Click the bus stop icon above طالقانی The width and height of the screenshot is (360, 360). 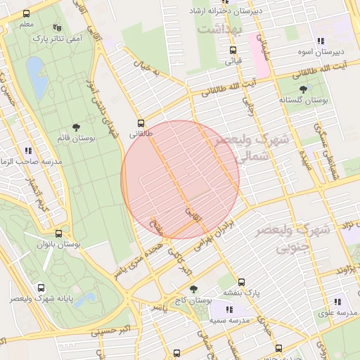click(141, 122)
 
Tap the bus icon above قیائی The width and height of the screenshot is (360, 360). click(233, 50)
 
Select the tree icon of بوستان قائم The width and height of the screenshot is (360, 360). click(76, 127)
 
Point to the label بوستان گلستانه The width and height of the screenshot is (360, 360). click(303, 100)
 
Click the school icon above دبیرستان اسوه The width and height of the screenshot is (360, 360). click(321, 41)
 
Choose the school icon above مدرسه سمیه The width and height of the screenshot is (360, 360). click(230, 309)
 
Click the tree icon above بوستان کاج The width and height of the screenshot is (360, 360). click(194, 289)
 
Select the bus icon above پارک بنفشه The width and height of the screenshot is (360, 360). click(242, 281)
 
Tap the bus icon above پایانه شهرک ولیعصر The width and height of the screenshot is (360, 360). click(41, 288)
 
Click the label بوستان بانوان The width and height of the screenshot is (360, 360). click(58, 244)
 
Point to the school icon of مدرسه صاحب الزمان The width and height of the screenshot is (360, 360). click(28, 150)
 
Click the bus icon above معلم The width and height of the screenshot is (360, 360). click(27, 13)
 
